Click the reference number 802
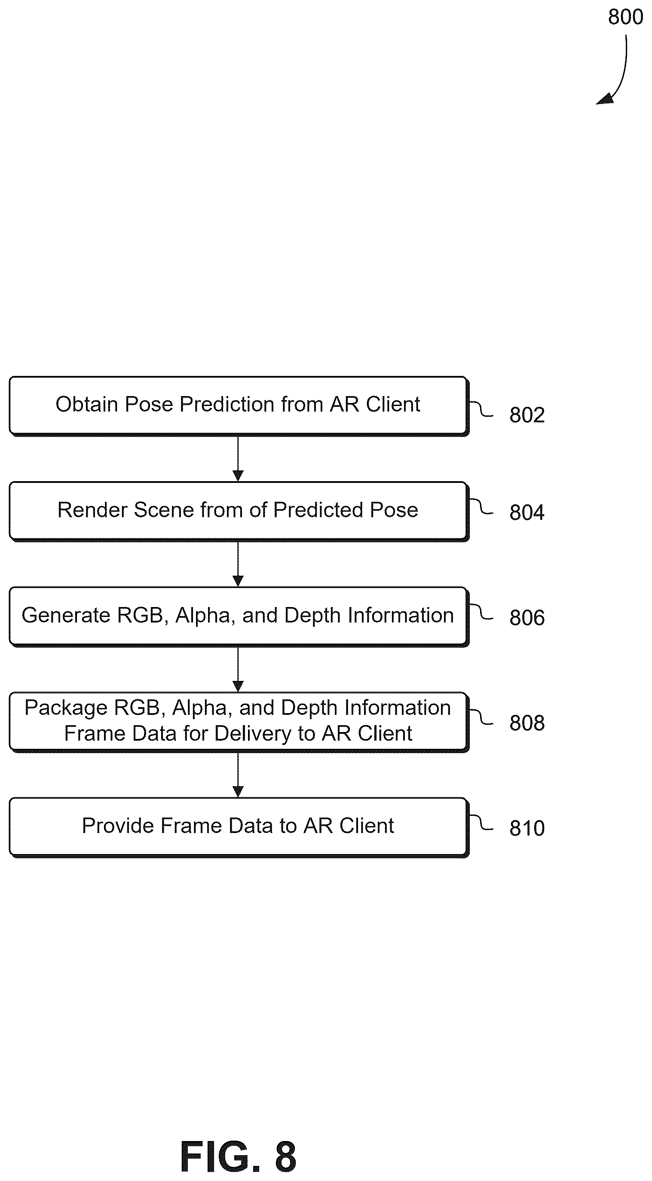[x=527, y=415]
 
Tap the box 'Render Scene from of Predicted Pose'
[x=239, y=512]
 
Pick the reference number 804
[x=527, y=512]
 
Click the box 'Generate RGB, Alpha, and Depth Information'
[x=239, y=616]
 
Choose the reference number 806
[x=527, y=617]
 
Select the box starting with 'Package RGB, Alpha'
[x=239, y=722]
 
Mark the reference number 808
[x=527, y=723]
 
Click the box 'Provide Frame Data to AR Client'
[x=239, y=827]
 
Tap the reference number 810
[x=527, y=828]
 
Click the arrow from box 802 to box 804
[x=238, y=458]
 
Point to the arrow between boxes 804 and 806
[x=238, y=564]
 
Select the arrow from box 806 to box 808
[x=238, y=669]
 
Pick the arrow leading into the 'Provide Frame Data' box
[x=238, y=775]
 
